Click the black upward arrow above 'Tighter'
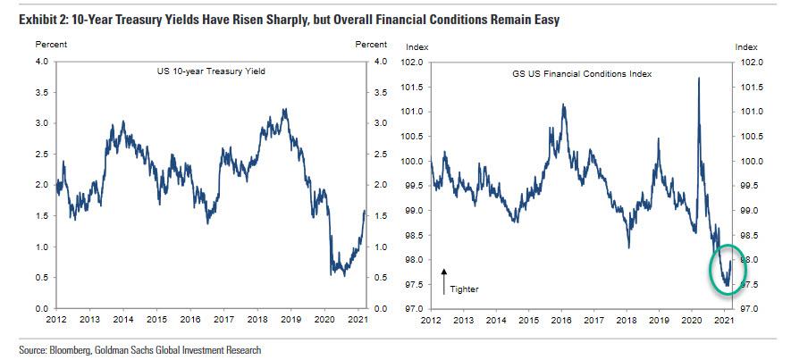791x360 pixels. pos(445,280)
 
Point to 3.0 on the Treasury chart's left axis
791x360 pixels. pos(40,123)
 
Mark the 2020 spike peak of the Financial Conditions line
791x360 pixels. pos(696,79)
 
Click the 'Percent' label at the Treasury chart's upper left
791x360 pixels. pos(49,45)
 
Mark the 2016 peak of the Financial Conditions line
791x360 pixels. pos(563,105)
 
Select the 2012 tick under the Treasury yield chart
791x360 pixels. pos(55,319)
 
